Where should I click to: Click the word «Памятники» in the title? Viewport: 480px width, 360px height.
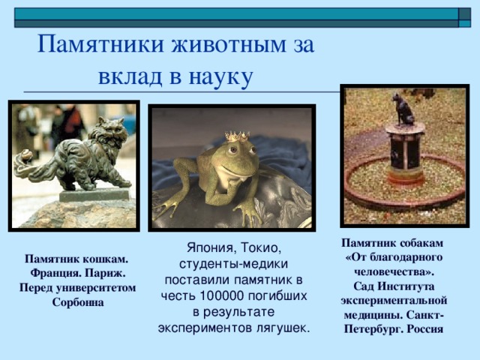[101, 44]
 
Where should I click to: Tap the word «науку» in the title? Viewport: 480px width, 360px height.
[220, 77]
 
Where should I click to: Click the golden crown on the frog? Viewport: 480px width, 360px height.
[237, 136]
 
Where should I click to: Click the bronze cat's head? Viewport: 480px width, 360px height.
[113, 131]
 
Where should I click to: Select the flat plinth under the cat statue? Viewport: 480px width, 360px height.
[94, 195]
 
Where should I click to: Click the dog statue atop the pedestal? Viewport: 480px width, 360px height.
[403, 109]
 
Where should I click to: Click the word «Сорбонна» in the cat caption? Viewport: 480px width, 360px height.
[78, 302]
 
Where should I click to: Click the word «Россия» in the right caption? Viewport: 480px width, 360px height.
[425, 329]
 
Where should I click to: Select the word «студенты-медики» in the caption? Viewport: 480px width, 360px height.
[233, 264]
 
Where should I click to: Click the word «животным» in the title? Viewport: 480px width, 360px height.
[228, 44]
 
